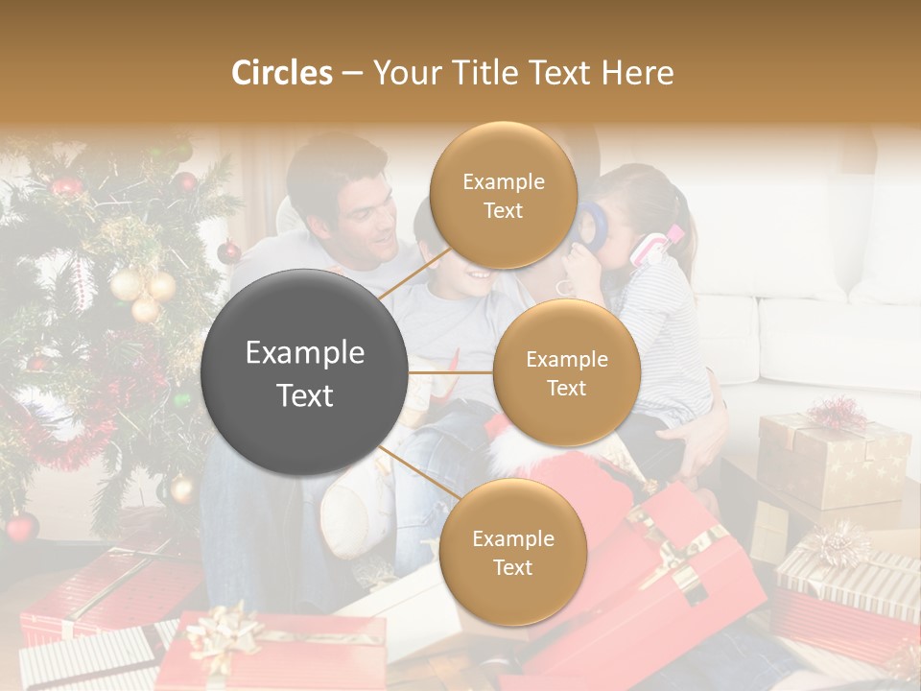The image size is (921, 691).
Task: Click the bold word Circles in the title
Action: [281, 73]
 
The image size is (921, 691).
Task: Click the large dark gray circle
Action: [305, 372]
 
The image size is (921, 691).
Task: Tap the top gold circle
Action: [503, 196]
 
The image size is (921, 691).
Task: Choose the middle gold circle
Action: [566, 372]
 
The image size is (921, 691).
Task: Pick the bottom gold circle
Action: [512, 552]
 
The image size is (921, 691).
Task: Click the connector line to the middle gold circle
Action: [451, 372]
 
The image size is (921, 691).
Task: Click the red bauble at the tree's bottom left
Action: [21, 526]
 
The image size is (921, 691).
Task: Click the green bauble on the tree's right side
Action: [181, 398]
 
